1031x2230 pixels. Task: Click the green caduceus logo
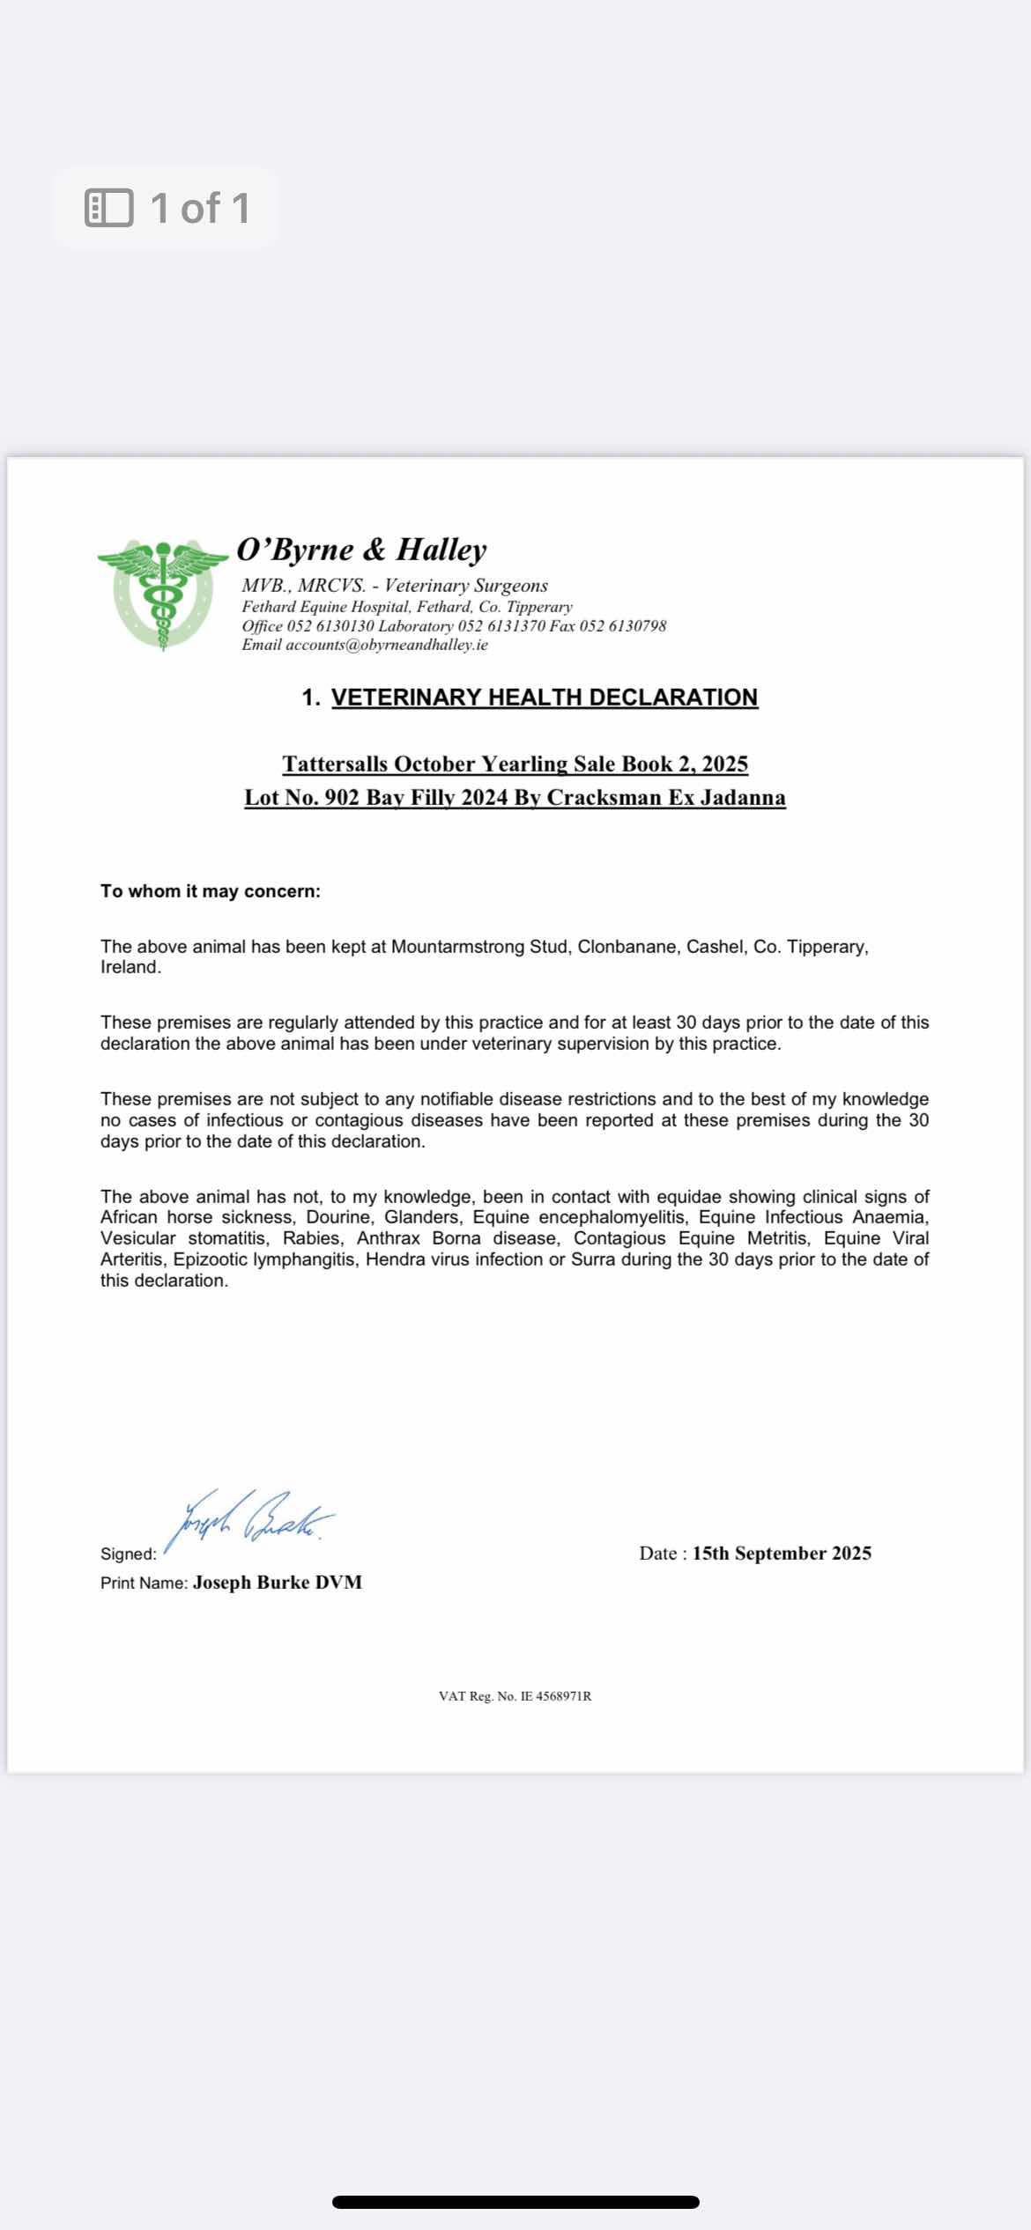162,594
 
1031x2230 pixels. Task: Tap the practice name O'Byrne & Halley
361,550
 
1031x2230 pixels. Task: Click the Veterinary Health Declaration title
544,698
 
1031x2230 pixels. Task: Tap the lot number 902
342,798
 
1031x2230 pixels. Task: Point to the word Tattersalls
336,764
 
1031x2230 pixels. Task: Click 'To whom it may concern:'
211,891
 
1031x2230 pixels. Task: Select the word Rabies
311,1238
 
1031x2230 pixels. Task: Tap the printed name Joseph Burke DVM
278,1583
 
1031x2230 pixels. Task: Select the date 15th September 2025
782,1554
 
